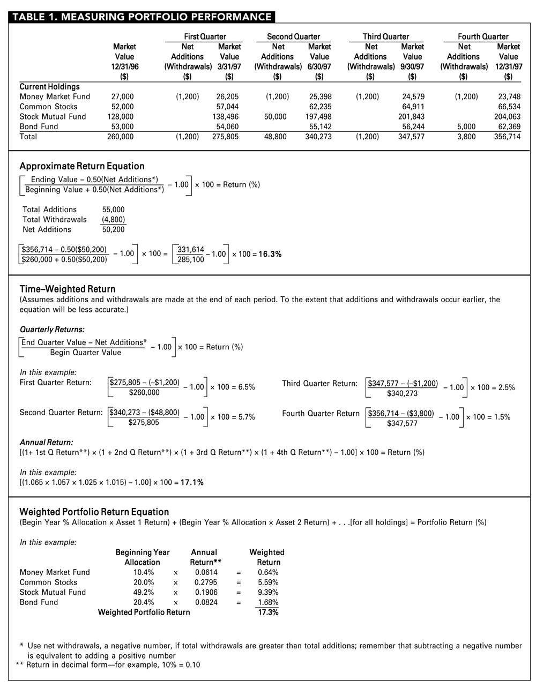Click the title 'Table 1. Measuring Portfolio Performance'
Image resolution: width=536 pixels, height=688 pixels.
click(x=142, y=17)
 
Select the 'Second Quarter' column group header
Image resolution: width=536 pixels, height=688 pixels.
click(x=293, y=36)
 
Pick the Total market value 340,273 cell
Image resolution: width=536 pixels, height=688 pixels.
click(x=319, y=137)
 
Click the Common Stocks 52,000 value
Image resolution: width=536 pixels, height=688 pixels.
click(x=122, y=107)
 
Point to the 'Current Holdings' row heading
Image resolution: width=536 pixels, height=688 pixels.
click(x=49, y=86)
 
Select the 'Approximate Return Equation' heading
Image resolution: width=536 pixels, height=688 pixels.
click(x=81, y=166)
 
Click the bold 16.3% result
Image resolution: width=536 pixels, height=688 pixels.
click(x=270, y=254)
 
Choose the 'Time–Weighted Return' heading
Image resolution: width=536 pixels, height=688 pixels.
click(x=68, y=289)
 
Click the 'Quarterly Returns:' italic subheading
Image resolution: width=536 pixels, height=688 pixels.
click(x=52, y=330)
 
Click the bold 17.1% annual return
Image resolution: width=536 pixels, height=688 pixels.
click(x=192, y=482)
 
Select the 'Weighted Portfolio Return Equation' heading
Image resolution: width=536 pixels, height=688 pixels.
click(x=94, y=512)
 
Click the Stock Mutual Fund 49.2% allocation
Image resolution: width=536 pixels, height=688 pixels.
click(x=143, y=592)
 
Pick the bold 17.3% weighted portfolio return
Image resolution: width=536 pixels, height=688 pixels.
click(x=268, y=612)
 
